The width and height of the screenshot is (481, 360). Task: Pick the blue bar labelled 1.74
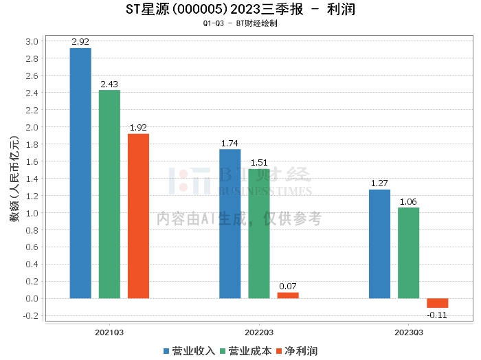[x=230, y=224]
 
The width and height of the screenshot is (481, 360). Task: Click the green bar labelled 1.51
[x=259, y=234]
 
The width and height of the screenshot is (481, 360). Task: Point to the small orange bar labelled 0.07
[x=288, y=295]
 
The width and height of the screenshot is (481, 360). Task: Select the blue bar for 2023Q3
[x=379, y=244]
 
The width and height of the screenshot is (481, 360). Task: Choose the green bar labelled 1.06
[x=408, y=253]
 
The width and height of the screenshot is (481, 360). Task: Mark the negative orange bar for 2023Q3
[x=437, y=303]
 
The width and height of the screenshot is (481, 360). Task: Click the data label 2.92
[x=80, y=43]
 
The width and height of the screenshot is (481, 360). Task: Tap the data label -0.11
[x=437, y=315]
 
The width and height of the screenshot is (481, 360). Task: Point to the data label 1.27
[x=379, y=183]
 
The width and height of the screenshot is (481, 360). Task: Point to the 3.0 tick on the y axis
[x=32, y=41]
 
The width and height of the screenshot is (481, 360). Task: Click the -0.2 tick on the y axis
[x=32, y=316]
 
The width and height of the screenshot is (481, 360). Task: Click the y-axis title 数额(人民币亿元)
[x=13, y=179]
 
